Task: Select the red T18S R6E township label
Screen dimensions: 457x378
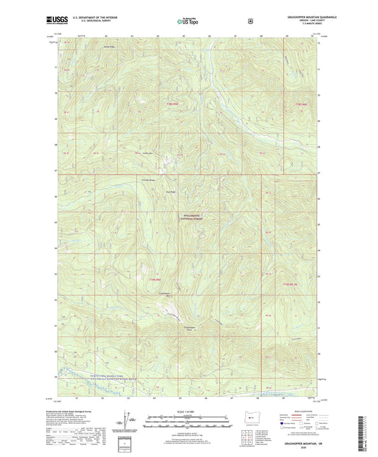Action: [293, 104]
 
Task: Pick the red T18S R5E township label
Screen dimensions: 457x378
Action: [156, 104]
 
